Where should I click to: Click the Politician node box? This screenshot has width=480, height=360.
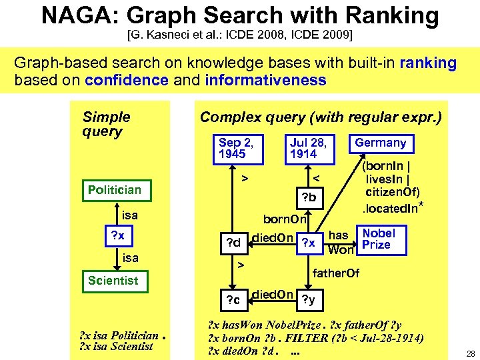tap(115, 190)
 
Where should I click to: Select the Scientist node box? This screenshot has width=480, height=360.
tap(113, 281)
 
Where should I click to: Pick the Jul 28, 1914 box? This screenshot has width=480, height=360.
tap(307, 148)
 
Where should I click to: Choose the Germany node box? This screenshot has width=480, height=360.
tap(380, 143)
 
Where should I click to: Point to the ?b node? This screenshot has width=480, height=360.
tap(309, 198)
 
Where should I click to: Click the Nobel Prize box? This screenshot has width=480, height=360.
tap(378, 239)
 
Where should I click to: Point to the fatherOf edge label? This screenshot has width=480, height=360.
tap(336, 273)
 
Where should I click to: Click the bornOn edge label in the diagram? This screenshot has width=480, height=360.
tap(285, 219)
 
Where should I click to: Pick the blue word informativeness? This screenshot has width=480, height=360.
tap(266, 81)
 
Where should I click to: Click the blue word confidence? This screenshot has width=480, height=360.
tap(127, 81)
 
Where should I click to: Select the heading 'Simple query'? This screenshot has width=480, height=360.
tap(106, 124)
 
